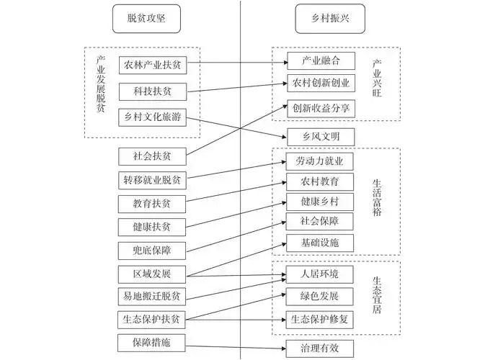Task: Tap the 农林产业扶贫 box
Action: [153, 65]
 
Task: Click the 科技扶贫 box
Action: [153, 91]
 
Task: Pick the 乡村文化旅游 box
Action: [153, 117]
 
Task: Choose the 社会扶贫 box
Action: [153, 155]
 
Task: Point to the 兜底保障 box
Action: [153, 250]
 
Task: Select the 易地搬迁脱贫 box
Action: [153, 296]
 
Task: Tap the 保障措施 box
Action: [153, 342]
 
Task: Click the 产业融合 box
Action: [321, 60]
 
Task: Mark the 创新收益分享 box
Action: [321, 109]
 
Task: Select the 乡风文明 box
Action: [321, 135]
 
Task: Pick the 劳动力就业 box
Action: [321, 161]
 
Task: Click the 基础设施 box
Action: [321, 242]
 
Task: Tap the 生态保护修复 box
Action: [321, 319]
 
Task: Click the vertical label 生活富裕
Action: [377, 202]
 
